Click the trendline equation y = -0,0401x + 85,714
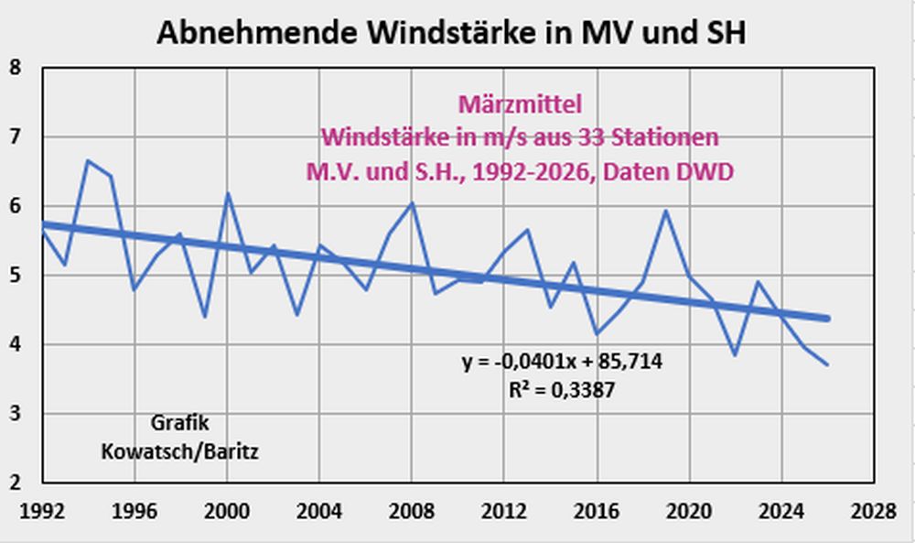click(562, 363)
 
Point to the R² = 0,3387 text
click(562, 390)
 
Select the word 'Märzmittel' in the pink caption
click(519, 105)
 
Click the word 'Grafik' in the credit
click(178, 423)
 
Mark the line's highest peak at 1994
click(88, 161)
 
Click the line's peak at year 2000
click(227, 193)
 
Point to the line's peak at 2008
click(412, 203)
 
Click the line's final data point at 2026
click(828, 365)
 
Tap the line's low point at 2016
click(597, 333)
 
